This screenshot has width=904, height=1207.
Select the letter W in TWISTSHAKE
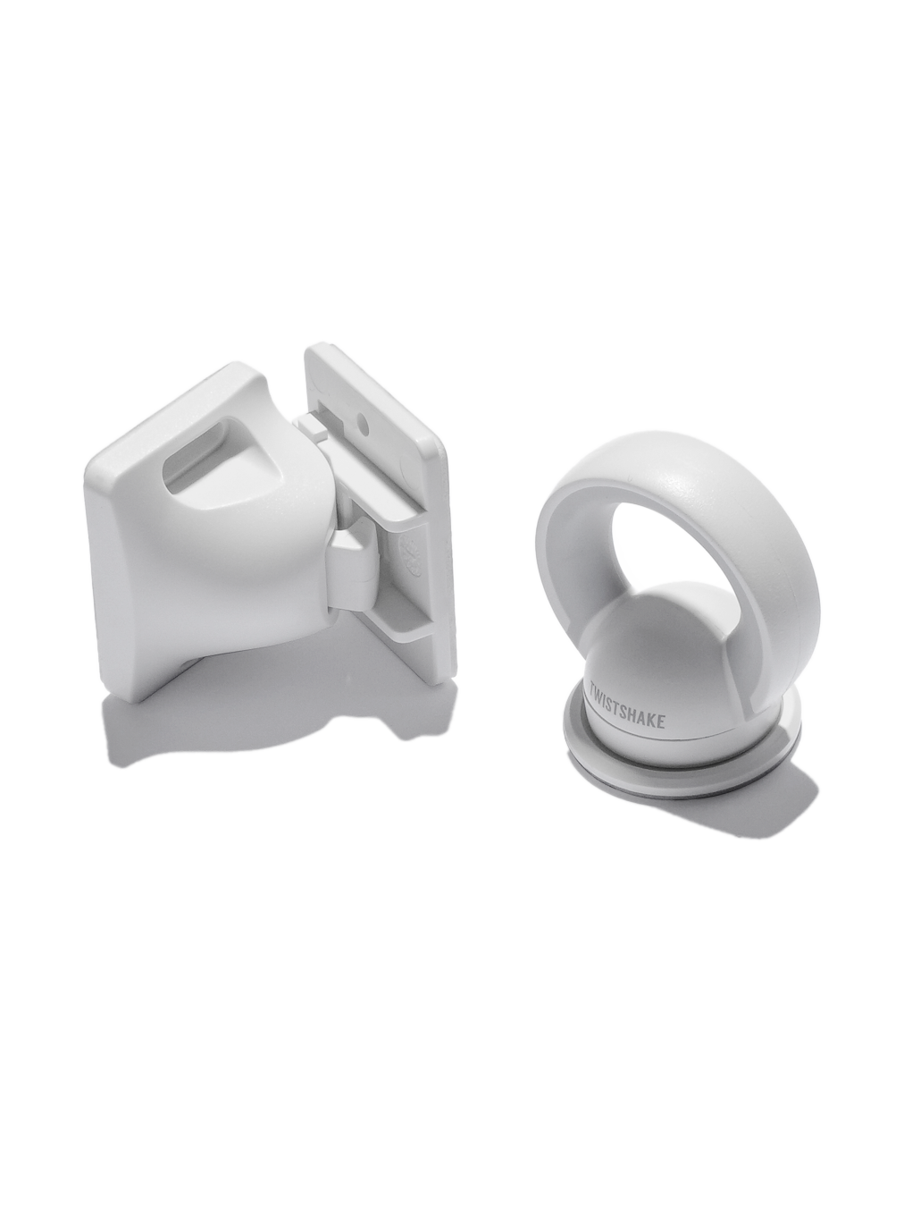(602, 694)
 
